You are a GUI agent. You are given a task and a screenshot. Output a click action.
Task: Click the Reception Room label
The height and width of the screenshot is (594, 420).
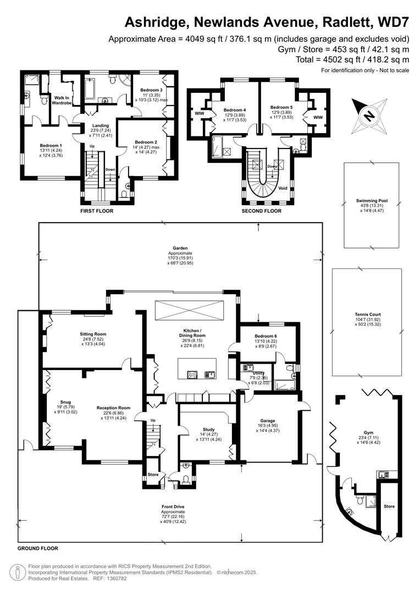[x=113, y=408]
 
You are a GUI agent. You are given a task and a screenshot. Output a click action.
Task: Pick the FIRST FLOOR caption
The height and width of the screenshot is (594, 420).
[x=97, y=211]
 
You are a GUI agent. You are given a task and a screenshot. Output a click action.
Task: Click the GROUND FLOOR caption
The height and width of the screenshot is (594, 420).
[x=37, y=548]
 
